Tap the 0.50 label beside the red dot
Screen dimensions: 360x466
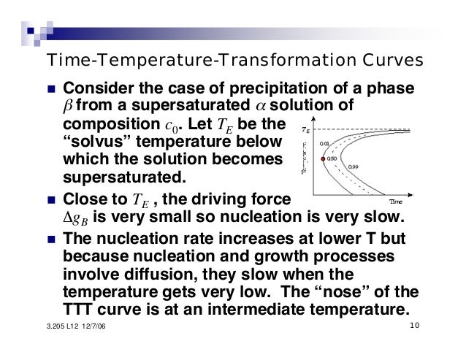point(333,158)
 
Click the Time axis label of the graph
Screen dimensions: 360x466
point(396,201)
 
